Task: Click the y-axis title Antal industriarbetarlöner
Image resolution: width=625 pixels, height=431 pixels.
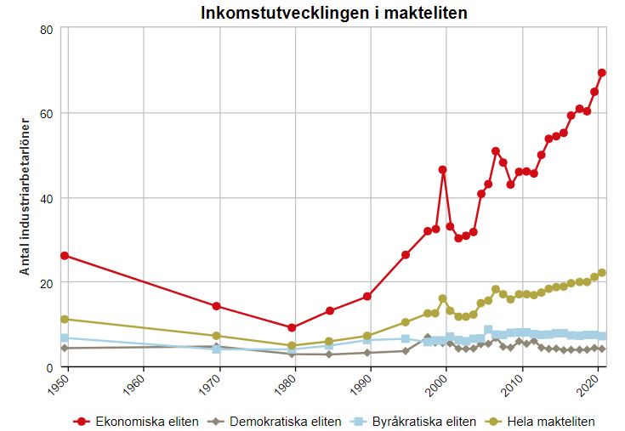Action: pyautogui.click(x=26, y=196)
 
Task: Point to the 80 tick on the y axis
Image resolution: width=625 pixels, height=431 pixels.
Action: pyautogui.click(x=47, y=29)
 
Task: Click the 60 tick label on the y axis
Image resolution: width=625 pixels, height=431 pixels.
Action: pyautogui.click(x=47, y=113)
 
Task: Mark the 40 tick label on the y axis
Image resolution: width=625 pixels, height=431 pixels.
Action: pyautogui.click(x=47, y=198)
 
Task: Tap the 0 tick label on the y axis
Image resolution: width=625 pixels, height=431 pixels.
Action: pyautogui.click(x=50, y=367)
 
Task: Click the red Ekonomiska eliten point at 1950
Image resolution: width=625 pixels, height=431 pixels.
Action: pyautogui.click(x=65, y=256)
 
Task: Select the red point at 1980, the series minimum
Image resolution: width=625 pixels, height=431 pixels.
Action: pyautogui.click(x=292, y=327)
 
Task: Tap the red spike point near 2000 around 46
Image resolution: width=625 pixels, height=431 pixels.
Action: pyautogui.click(x=443, y=170)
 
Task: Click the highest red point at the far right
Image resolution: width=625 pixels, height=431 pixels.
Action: pyautogui.click(x=602, y=73)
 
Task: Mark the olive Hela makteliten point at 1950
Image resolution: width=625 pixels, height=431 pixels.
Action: pyautogui.click(x=65, y=319)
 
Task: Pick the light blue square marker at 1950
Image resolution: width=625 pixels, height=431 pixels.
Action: pyautogui.click(x=65, y=338)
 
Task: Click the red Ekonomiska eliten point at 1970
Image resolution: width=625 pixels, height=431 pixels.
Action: pyautogui.click(x=217, y=306)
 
